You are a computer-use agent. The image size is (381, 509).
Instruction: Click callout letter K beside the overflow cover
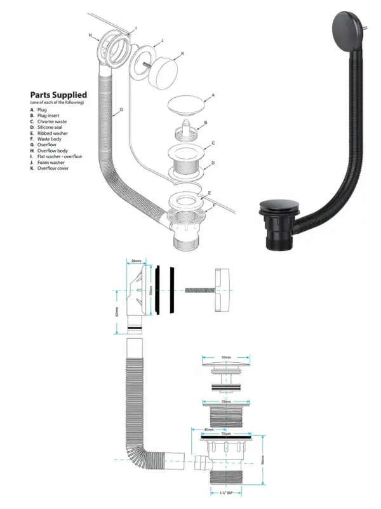click(x=182, y=55)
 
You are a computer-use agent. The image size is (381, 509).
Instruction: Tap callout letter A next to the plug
click(x=213, y=95)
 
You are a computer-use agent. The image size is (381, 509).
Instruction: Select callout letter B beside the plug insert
click(x=205, y=122)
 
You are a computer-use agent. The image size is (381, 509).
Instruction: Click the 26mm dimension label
click(x=135, y=261)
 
